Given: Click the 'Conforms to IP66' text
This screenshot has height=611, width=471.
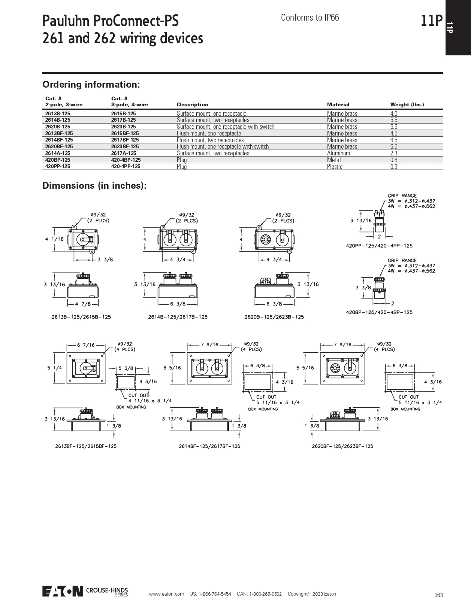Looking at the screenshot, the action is [x=310, y=18].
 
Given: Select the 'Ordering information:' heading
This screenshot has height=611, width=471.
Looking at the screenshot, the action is [x=91, y=84].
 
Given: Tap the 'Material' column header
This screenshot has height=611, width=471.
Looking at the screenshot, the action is [x=338, y=104].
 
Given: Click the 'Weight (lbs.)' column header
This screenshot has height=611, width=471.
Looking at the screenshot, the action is [x=407, y=104].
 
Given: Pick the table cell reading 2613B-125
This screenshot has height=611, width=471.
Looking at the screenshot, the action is [x=58, y=113].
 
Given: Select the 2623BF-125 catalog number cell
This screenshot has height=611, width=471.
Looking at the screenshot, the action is [x=125, y=146].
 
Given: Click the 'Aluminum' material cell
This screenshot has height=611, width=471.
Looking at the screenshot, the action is [x=338, y=153].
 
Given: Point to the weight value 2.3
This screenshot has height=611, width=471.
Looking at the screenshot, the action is [x=394, y=153].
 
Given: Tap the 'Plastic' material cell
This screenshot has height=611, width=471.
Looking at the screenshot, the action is [x=335, y=167].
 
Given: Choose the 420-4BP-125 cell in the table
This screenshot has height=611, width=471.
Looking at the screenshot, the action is [x=126, y=160].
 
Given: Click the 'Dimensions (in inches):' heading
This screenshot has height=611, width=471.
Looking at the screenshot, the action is [x=94, y=186].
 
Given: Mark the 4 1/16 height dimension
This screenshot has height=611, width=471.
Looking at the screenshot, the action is [x=54, y=239].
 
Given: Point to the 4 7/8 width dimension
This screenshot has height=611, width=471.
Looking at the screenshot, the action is [x=83, y=304].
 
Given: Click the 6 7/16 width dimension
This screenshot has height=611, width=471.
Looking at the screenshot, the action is [x=86, y=345].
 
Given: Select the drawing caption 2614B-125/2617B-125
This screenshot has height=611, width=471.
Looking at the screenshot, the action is [x=178, y=317].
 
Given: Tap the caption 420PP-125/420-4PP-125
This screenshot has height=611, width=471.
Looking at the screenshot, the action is [x=379, y=246].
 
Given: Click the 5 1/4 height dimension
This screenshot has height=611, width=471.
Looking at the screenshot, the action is [x=55, y=368].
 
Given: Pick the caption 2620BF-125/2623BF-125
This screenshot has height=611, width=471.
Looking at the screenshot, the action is [x=342, y=446].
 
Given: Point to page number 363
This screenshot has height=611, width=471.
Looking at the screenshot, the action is [x=439, y=595].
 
